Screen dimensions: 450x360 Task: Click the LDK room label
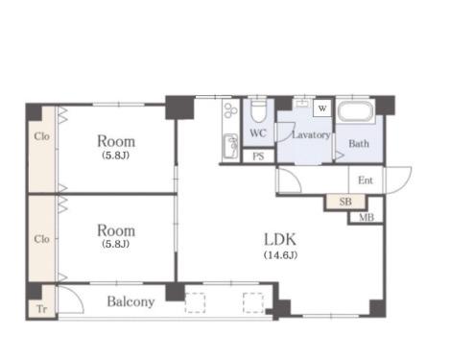click(280, 239)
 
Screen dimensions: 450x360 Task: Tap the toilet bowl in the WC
click(258, 111)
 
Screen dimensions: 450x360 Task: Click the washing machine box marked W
click(322, 108)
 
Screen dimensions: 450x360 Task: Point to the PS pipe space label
click(258, 156)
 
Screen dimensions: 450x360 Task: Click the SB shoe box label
click(345, 202)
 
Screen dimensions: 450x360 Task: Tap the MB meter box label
click(367, 218)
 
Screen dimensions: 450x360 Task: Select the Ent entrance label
click(366, 180)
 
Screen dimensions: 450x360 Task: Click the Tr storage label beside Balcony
click(42, 309)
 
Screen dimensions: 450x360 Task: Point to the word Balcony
click(130, 301)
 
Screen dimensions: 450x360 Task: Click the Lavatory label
click(311, 134)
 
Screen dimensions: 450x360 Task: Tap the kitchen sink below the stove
click(230, 147)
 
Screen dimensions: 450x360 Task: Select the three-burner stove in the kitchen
click(230, 110)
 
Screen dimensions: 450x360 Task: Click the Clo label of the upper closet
click(41, 136)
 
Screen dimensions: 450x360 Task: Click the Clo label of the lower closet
click(41, 239)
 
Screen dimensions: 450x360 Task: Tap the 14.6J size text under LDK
click(280, 255)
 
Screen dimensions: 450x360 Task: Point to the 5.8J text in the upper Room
click(115, 156)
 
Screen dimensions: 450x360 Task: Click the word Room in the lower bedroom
click(116, 230)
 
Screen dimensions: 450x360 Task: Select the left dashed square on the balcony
click(195, 302)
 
